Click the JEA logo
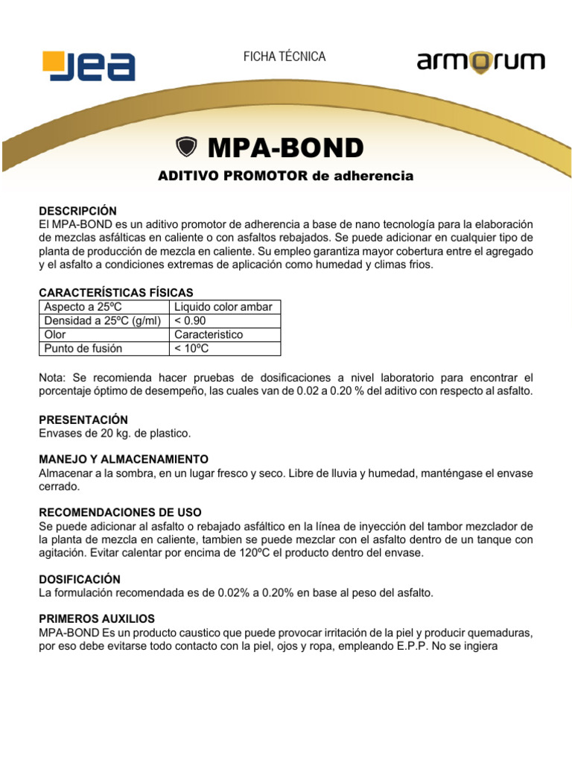(x=89, y=66)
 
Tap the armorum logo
(x=480, y=63)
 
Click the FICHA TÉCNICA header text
(x=285, y=57)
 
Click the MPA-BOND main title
(x=285, y=148)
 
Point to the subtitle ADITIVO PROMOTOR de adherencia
(x=285, y=177)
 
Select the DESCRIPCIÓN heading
(x=77, y=211)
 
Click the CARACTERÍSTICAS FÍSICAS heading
(x=115, y=293)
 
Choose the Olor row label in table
(x=55, y=335)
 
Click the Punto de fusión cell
(x=83, y=348)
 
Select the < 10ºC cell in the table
(x=193, y=348)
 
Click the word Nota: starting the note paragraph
(x=53, y=379)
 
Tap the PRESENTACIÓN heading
(x=83, y=420)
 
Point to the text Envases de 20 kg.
(x=82, y=433)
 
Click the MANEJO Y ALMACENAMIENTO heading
(x=123, y=459)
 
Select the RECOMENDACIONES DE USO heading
(x=120, y=513)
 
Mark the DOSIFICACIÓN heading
(x=79, y=579)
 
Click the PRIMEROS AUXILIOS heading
(x=96, y=619)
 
